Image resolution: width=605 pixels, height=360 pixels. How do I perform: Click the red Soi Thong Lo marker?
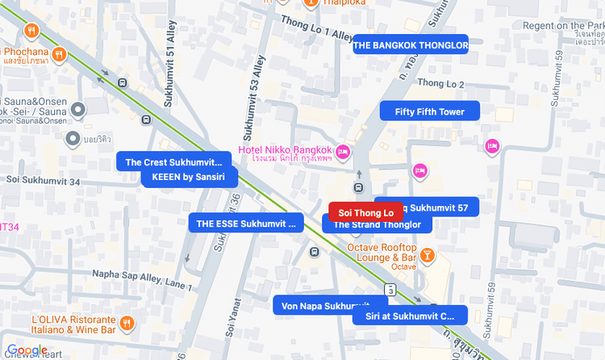(x=365, y=212)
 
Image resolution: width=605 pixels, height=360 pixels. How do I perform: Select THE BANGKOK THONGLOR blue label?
(x=410, y=45)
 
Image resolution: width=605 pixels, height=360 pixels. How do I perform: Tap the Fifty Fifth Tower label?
(x=429, y=111)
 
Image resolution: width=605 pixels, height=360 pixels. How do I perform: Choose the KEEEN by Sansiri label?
(x=189, y=177)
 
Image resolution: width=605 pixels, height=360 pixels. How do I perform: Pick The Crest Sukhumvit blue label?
(x=173, y=161)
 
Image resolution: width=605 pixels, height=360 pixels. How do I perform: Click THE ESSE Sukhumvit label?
(x=245, y=223)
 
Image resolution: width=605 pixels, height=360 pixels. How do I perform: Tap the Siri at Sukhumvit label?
(x=410, y=316)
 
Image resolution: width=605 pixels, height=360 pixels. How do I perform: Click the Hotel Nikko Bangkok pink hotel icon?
(x=343, y=151)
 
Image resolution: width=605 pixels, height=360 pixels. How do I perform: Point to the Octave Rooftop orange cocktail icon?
(x=427, y=256)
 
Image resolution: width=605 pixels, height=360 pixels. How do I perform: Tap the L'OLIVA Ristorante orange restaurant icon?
(x=127, y=323)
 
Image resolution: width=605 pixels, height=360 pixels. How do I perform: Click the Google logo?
(x=27, y=350)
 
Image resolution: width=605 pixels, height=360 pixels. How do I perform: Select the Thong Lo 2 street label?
(x=441, y=84)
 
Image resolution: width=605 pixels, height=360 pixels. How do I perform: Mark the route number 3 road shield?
(x=390, y=289)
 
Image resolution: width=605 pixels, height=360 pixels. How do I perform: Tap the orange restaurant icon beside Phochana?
(x=59, y=54)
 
